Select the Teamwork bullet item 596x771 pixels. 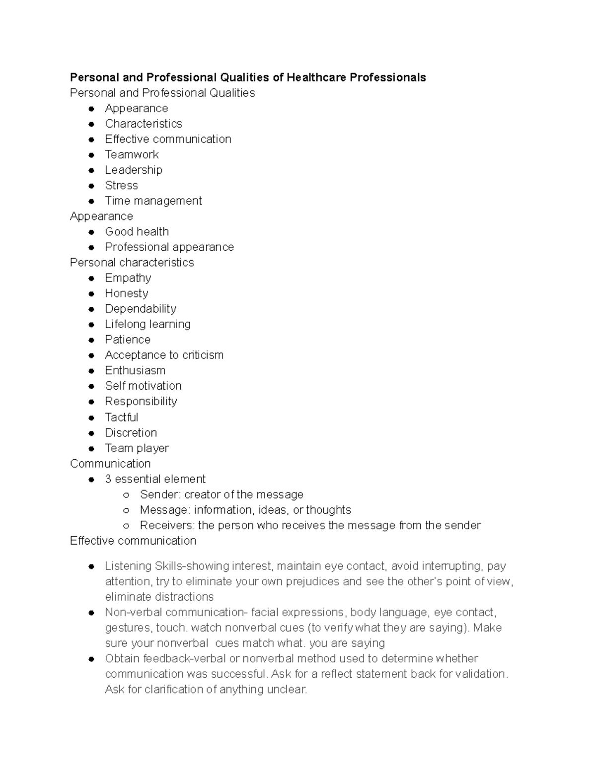pyautogui.click(x=132, y=154)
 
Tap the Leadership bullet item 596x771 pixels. pyautogui.click(x=134, y=170)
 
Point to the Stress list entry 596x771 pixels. pyautogui.click(x=121, y=185)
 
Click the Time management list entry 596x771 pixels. pyautogui.click(x=153, y=201)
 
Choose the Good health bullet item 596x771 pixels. pyautogui.click(x=137, y=231)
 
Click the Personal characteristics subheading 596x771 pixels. pyautogui.click(x=132, y=262)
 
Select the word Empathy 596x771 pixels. pyautogui.click(x=128, y=278)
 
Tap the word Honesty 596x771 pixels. pyautogui.click(x=126, y=293)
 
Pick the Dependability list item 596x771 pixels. pyautogui.click(x=141, y=309)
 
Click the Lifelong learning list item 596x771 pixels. pyautogui.click(x=148, y=324)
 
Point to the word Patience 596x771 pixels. pyautogui.click(x=128, y=340)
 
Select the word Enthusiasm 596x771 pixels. pyautogui.click(x=135, y=370)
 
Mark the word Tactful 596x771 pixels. pyautogui.click(x=121, y=417)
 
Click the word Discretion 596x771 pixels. pyautogui.click(x=131, y=432)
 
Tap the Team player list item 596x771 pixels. pyautogui.click(x=137, y=448)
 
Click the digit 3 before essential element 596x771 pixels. pyautogui.click(x=108, y=479)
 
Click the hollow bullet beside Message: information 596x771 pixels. pyautogui.click(x=127, y=510)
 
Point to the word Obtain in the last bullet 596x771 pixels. pyautogui.click(x=123, y=659)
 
